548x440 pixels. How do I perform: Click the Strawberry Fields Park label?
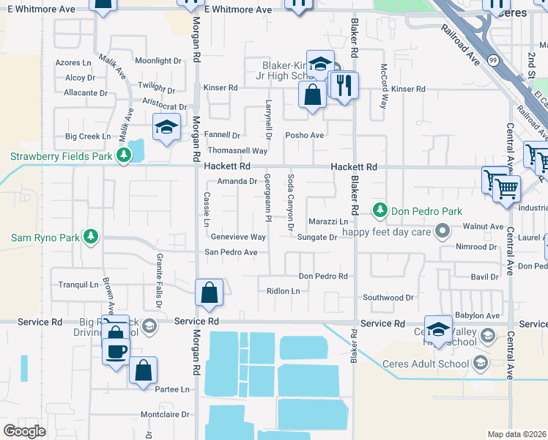tap(61, 156)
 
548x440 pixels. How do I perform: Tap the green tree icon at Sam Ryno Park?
tap(90, 237)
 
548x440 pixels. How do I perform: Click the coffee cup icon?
tap(116, 351)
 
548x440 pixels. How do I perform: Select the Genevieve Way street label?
tap(238, 237)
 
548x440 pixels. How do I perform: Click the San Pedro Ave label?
tap(231, 252)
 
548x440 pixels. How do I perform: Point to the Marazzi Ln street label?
tap(327, 221)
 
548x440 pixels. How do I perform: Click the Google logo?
tap(24, 431)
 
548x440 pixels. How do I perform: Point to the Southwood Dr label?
tap(388, 298)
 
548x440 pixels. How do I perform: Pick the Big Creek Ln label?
tap(88, 136)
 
